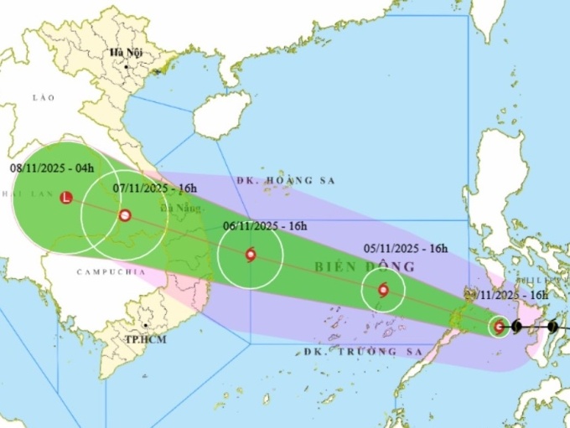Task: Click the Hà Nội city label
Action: [126, 53]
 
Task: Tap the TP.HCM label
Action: [143, 340]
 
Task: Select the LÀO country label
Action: [43, 98]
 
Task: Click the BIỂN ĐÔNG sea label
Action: [377, 267]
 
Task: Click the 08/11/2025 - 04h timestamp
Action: [52, 168]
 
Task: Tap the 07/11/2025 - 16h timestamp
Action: [155, 188]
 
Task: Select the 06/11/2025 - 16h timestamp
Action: [265, 226]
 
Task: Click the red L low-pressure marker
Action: [67, 198]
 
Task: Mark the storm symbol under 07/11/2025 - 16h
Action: [125, 215]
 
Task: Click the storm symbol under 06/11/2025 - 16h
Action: [251, 255]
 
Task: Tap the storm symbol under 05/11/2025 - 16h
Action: [383, 291]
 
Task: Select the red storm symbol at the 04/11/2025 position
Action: [500, 327]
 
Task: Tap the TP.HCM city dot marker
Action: [147, 326]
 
